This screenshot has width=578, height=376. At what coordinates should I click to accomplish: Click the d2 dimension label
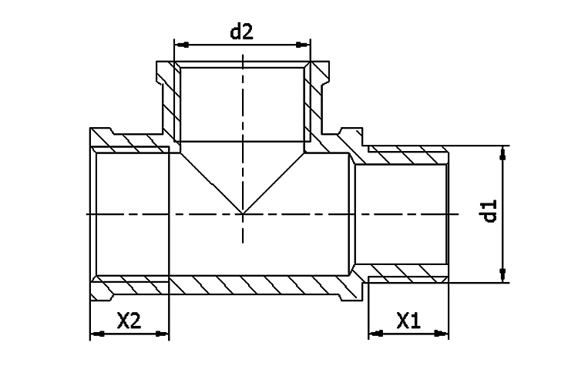[x=242, y=32]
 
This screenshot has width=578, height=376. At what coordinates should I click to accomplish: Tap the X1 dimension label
[x=408, y=320]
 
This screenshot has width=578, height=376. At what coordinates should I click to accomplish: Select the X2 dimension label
[x=129, y=320]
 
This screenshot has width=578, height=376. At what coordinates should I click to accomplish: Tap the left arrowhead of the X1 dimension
[x=374, y=334]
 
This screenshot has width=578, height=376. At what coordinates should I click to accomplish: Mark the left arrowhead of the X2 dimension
[x=96, y=334]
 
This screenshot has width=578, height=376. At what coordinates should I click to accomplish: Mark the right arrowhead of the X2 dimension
[x=163, y=334]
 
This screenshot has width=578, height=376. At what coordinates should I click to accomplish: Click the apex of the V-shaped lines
[x=243, y=213]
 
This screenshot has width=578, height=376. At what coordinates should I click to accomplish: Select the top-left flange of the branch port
[x=163, y=73]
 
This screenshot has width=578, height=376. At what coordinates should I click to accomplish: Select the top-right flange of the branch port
[x=321, y=73]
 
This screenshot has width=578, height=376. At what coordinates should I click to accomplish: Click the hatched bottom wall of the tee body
[x=254, y=284]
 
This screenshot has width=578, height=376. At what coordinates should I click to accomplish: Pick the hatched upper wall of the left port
[x=131, y=142]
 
